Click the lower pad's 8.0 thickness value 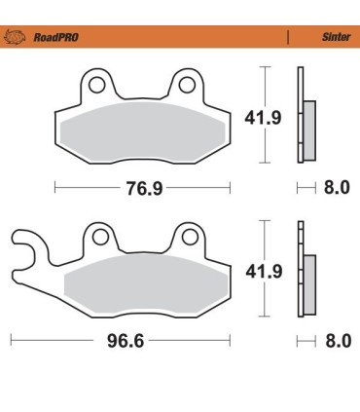tap(336, 342)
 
